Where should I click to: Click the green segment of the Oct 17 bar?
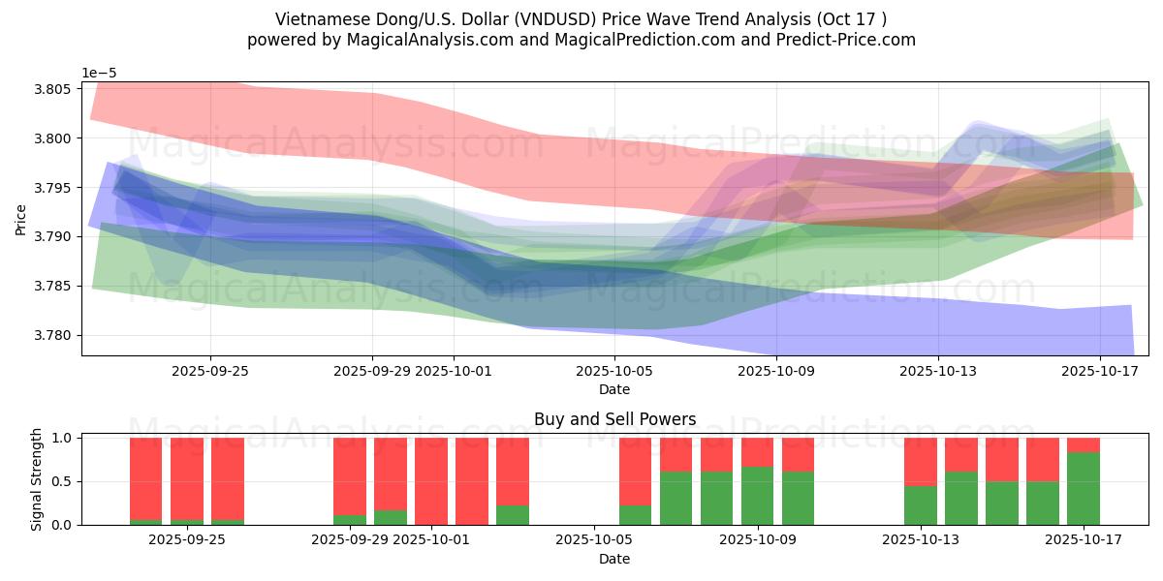point(1084,488)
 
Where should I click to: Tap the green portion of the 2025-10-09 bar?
point(758,496)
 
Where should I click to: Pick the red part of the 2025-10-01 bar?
point(431,480)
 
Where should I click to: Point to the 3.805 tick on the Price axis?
point(54,89)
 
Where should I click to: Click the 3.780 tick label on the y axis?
point(54,335)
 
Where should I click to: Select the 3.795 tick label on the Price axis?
point(54,188)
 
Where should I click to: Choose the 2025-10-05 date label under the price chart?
point(614,370)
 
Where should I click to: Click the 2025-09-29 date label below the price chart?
point(373,370)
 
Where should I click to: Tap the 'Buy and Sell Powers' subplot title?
point(614,419)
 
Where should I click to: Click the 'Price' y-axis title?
point(21,219)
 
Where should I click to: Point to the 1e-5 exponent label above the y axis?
point(99,74)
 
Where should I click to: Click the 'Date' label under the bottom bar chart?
point(614,559)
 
